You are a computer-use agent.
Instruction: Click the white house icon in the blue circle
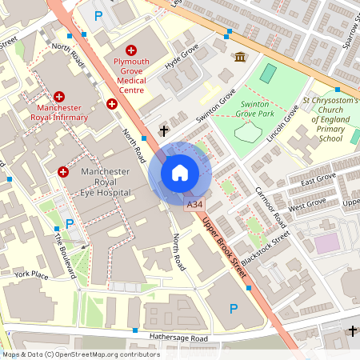click(x=180, y=173)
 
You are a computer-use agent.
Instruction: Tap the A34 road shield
click(x=195, y=206)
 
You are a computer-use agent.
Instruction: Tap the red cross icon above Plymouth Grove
click(x=130, y=50)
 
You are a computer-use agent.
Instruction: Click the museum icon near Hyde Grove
click(x=240, y=56)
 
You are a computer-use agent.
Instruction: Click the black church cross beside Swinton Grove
click(x=164, y=130)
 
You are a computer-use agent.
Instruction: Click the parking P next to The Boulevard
click(x=69, y=223)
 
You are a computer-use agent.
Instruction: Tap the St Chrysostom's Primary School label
click(x=331, y=119)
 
